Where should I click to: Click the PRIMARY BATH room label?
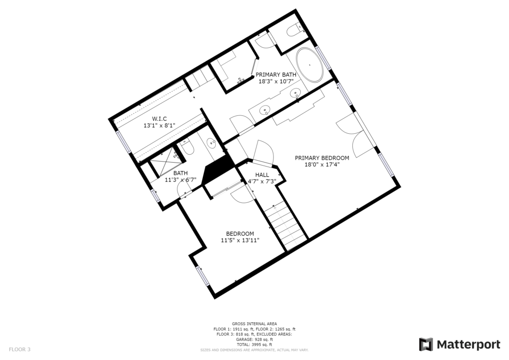point(276,75)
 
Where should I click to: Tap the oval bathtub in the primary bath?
point(309,65)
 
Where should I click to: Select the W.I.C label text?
point(160,119)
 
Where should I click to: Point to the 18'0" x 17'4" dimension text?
point(322,165)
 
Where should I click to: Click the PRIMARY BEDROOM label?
point(322,158)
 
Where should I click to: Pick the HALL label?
point(262,175)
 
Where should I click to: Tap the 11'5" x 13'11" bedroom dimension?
point(240,240)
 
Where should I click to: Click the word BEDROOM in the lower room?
point(240,234)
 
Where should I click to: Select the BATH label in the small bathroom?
point(180,174)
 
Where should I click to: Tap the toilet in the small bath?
point(187,148)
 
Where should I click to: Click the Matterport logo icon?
point(426,345)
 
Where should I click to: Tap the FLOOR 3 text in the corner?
point(19,350)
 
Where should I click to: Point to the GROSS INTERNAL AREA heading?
point(254,324)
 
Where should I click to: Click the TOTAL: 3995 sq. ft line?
point(254,345)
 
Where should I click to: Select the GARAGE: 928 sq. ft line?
point(254,339)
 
